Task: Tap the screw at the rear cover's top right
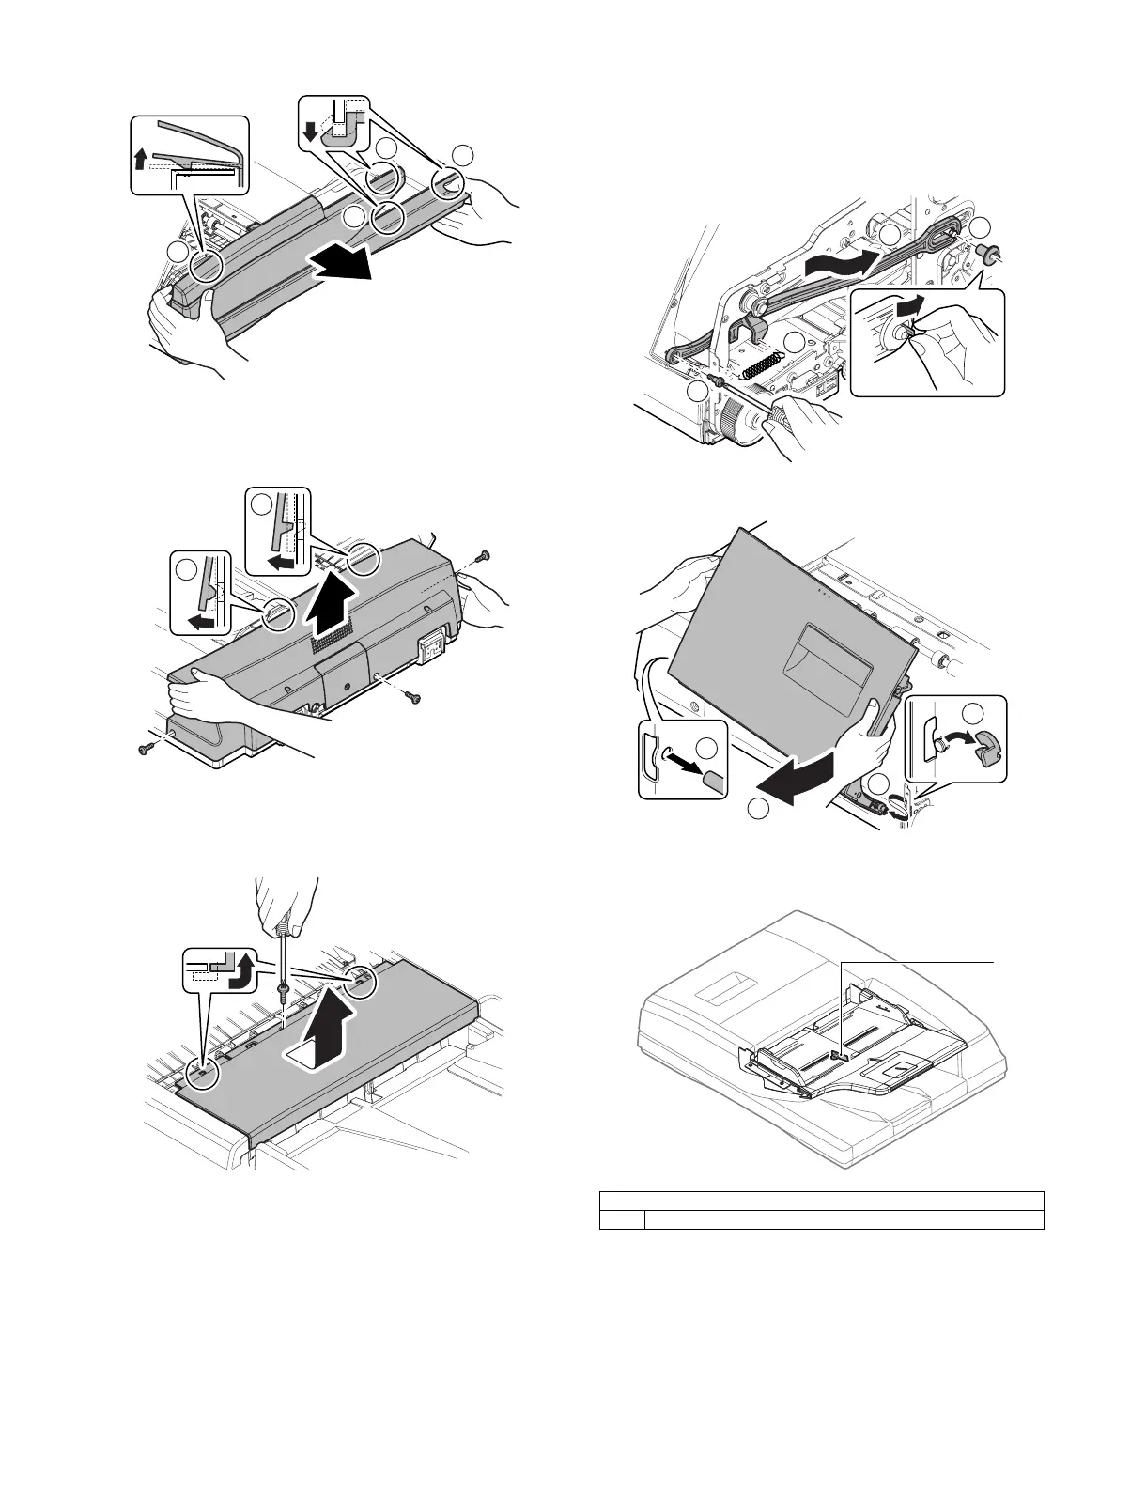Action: click(482, 557)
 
